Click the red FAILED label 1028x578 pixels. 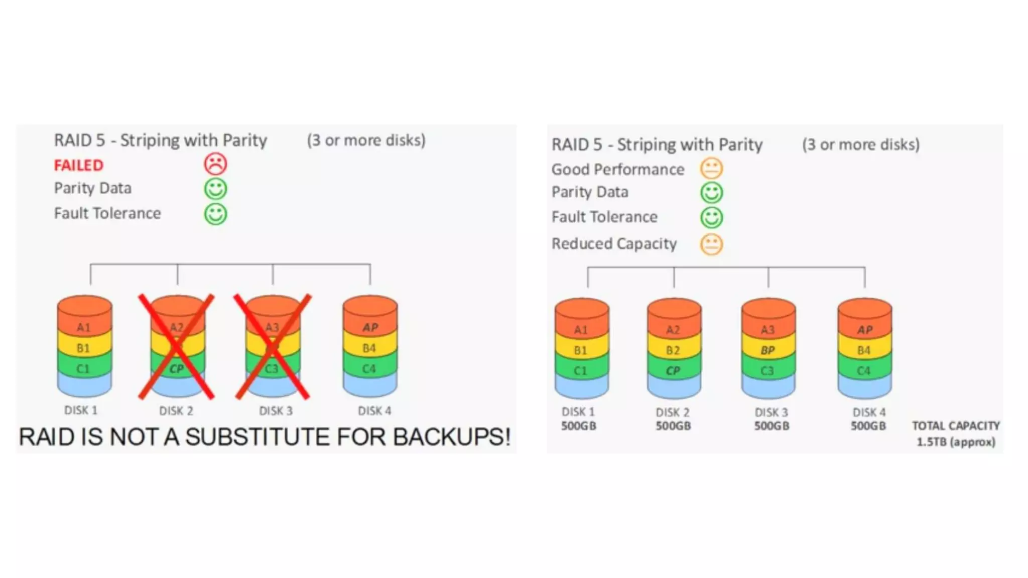click(79, 165)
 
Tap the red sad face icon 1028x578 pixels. click(215, 164)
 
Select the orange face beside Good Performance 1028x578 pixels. click(711, 169)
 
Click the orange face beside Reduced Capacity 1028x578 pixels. click(711, 244)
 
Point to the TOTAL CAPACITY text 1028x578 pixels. click(956, 425)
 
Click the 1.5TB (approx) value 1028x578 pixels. click(956, 442)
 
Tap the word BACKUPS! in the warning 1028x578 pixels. click(452, 437)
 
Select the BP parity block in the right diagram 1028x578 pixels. click(767, 350)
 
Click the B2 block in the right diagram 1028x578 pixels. click(673, 350)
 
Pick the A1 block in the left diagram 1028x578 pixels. click(84, 328)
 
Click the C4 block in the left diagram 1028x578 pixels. click(369, 369)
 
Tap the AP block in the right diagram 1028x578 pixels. click(864, 330)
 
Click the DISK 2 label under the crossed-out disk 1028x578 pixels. click(176, 411)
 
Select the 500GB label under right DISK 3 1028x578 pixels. click(772, 426)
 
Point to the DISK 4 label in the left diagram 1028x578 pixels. click(374, 411)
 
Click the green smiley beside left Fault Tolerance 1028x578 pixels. click(215, 214)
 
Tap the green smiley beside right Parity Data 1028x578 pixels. click(711, 193)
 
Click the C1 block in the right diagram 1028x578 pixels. click(580, 371)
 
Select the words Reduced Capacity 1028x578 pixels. click(614, 244)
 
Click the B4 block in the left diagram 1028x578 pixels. click(369, 348)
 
